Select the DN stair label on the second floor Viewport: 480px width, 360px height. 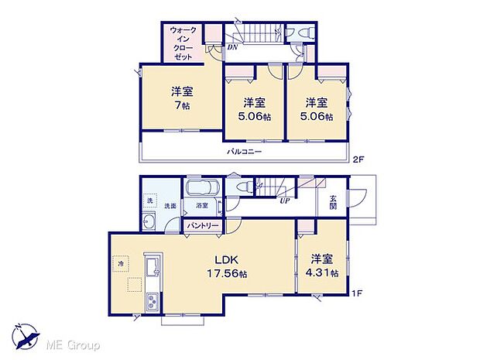[x=232, y=47]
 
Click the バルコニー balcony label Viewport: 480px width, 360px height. [x=244, y=152]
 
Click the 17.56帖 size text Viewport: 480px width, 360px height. [x=226, y=274]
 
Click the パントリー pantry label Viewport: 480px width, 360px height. [x=202, y=225]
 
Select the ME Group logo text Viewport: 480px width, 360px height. [x=76, y=344]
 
